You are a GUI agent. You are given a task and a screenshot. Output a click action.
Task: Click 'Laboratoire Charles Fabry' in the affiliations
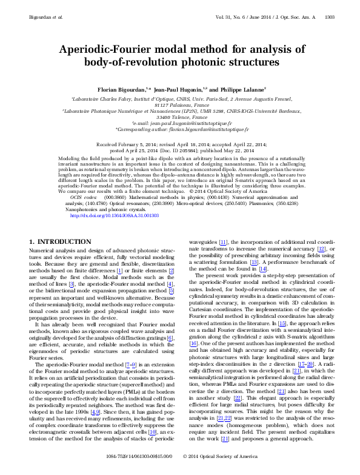pos(102,98)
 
